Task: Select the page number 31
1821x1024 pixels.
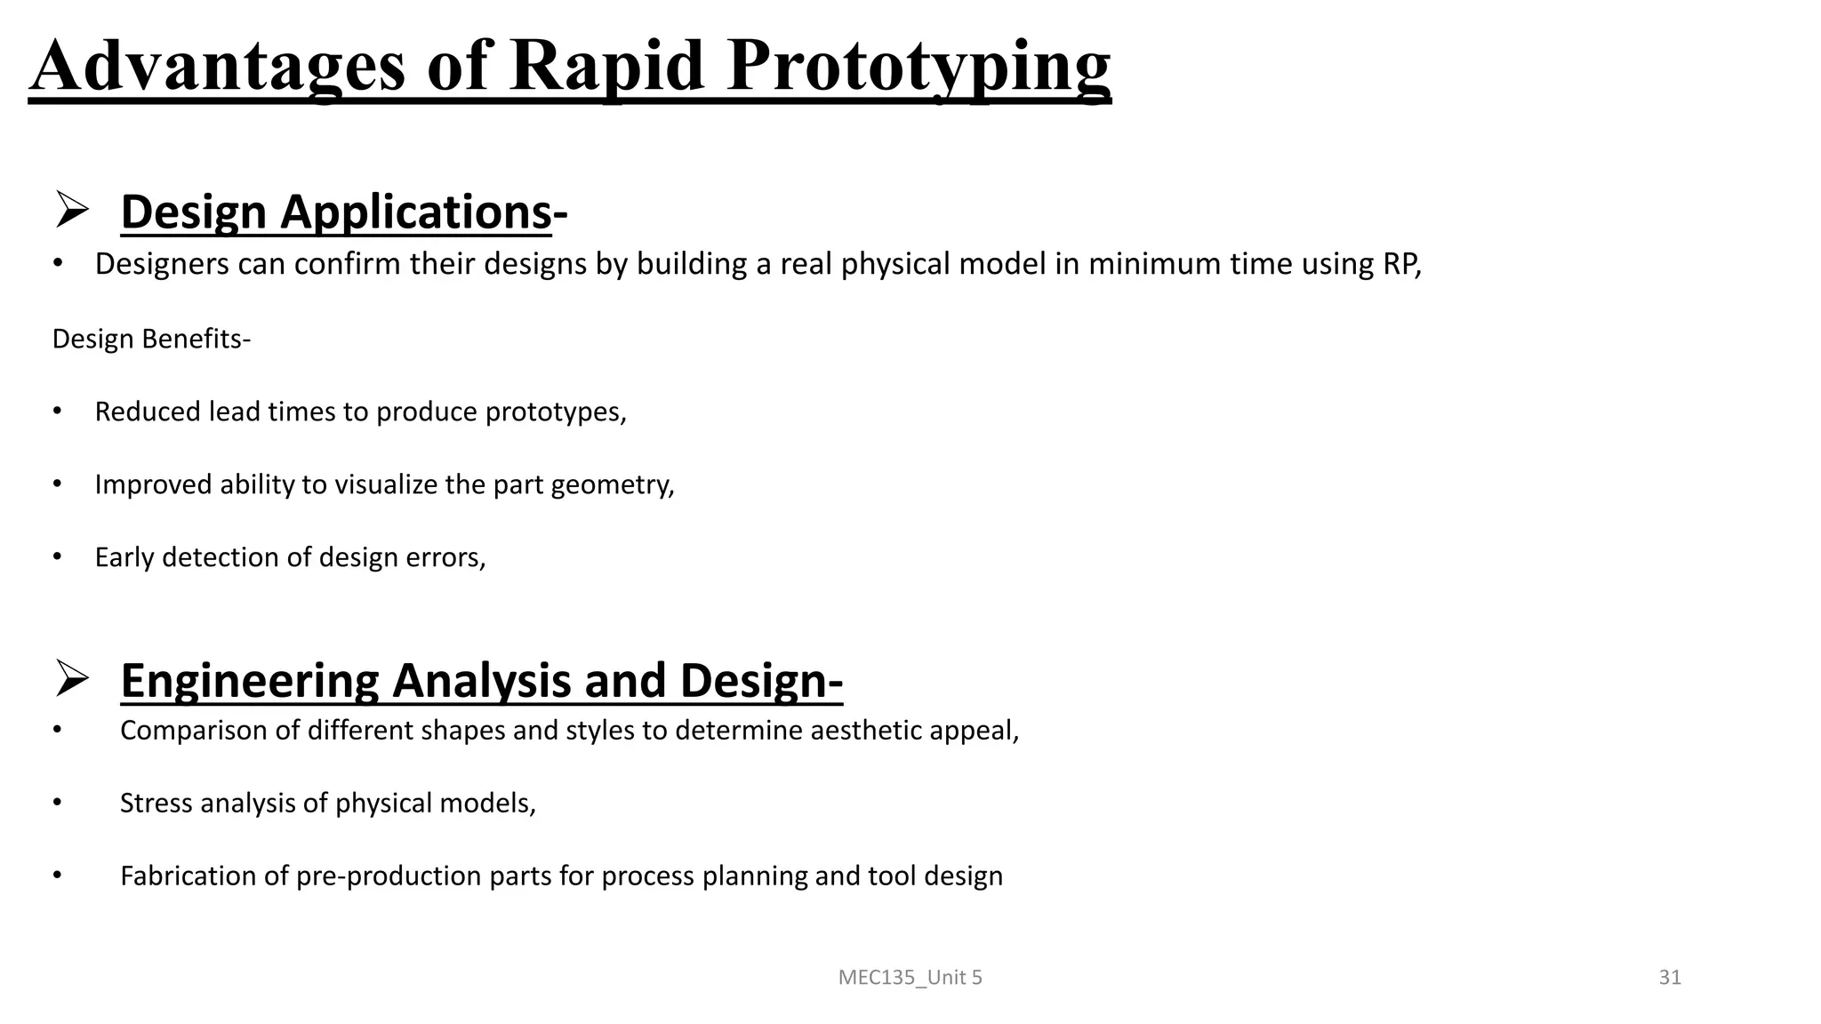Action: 1670,978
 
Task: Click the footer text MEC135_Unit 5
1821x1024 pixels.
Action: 910,978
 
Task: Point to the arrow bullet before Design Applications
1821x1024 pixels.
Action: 71,210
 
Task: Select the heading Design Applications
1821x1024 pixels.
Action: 336,212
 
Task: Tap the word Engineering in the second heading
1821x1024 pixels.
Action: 250,681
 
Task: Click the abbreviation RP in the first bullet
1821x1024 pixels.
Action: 1400,264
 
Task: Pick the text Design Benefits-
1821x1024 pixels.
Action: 151,339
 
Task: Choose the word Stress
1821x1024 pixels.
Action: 156,804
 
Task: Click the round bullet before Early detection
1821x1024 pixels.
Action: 57,556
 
